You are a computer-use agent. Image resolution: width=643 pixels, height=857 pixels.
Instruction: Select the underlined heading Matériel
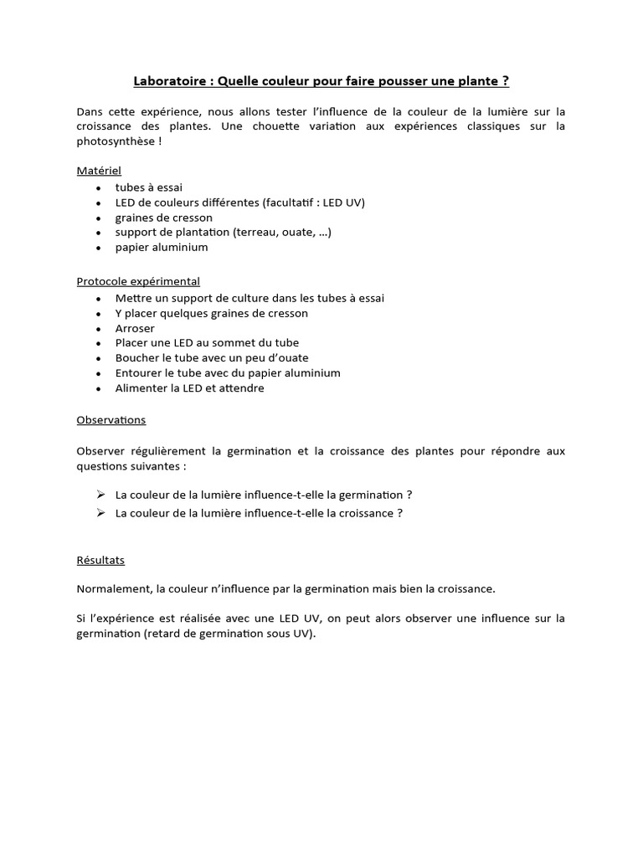coord(99,171)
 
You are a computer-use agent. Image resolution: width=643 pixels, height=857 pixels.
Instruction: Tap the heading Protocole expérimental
coord(138,282)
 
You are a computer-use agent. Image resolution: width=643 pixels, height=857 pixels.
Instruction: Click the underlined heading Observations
coord(111,420)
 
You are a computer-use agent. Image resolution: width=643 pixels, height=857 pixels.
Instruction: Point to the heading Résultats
coord(100,560)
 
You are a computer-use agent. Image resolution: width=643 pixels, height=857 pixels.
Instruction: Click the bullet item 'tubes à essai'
coord(149,187)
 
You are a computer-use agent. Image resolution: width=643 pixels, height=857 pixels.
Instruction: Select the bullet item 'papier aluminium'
coord(162,248)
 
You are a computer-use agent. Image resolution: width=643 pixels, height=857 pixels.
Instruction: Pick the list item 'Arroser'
coord(135,328)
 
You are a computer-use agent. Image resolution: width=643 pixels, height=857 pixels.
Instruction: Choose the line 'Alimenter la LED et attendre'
coord(189,388)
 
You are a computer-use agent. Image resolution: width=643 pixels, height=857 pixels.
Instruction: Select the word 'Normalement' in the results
coord(114,588)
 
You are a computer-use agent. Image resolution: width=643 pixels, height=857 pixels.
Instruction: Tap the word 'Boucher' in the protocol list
coord(136,358)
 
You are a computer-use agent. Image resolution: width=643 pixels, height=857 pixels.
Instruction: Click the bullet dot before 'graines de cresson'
coord(99,218)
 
